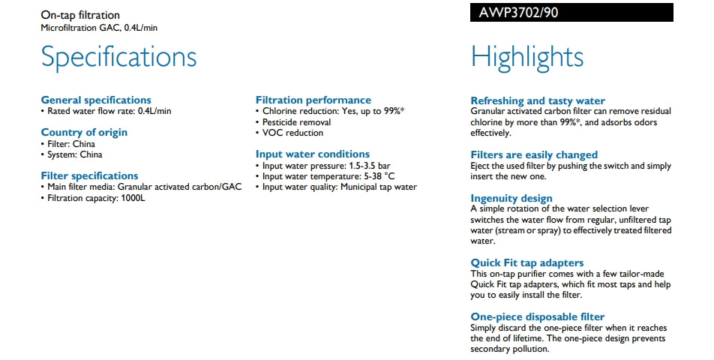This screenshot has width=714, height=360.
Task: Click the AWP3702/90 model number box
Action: pyautogui.click(x=571, y=13)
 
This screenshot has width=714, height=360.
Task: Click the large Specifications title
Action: pyautogui.click(x=118, y=58)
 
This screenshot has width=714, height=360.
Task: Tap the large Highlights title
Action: pyautogui.click(x=526, y=58)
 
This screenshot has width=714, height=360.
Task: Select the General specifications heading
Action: pyautogui.click(x=95, y=100)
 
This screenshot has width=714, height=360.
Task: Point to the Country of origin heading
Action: pyautogui.click(x=84, y=133)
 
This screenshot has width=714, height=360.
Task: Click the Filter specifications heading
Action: pyautogui.click(x=89, y=175)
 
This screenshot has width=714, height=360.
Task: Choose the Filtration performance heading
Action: pyautogui.click(x=313, y=100)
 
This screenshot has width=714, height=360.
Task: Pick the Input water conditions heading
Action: pyautogui.click(x=312, y=154)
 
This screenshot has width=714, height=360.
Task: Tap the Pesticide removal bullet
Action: pyautogui.click(x=296, y=122)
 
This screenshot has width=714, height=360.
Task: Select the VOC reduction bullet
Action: pyautogui.click(x=292, y=133)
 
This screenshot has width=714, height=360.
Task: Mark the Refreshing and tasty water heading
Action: pyautogui.click(x=537, y=100)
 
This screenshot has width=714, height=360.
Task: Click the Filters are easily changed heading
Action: pyautogui.click(x=534, y=154)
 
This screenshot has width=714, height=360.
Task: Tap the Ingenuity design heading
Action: pyautogui.click(x=511, y=198)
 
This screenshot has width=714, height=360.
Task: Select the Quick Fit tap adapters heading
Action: pyautogui.click(x=526, y=262)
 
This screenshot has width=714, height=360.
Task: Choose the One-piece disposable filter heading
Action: pyautogui.click(x=537, y=316)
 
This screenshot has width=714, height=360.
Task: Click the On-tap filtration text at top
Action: pyautogui.click(x=79, y=15)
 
